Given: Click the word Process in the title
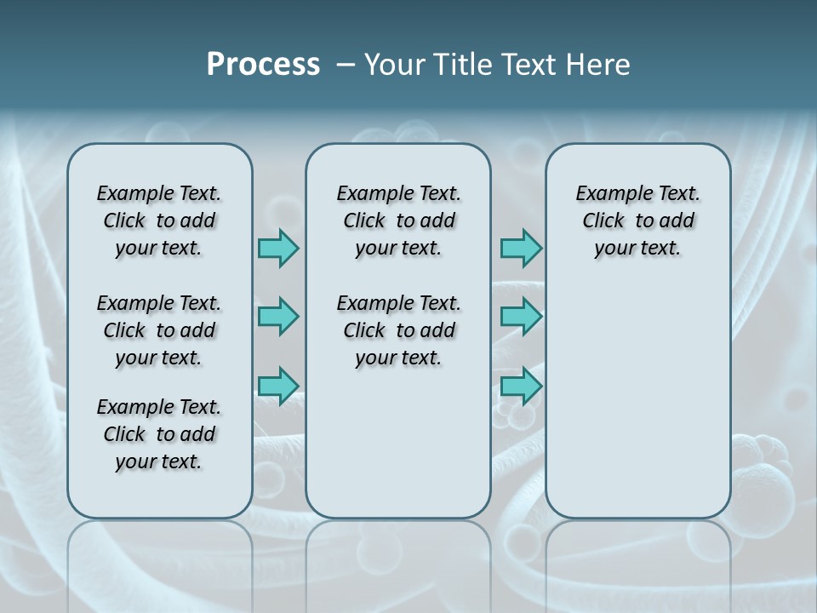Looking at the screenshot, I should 263,65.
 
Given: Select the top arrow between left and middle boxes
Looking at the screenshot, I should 278,248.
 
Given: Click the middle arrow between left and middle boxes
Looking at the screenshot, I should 278,317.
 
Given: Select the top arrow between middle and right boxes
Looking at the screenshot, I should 521,248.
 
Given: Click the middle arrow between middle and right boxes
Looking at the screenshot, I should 521,317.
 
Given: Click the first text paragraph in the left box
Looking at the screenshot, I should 159,221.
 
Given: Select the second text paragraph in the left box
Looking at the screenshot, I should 159,330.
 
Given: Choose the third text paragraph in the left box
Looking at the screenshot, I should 159,434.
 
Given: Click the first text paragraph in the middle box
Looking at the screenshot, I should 398,221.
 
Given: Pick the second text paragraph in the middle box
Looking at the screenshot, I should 398,330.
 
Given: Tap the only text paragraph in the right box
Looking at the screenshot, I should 637,221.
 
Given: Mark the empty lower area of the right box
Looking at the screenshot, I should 637,400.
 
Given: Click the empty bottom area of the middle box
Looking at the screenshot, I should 398,451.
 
